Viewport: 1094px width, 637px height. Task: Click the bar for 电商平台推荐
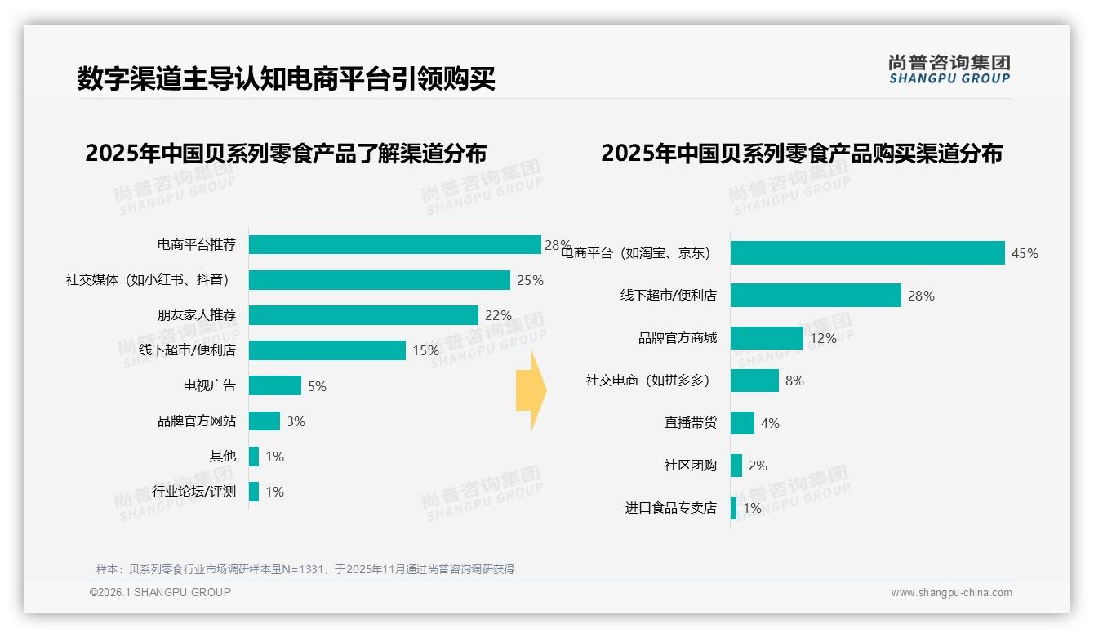pos(394,245)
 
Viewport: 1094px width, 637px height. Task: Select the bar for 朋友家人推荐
pos(363,315)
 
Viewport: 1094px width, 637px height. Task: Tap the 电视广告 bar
pos(275,385)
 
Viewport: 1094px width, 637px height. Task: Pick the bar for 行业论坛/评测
pos(254,492)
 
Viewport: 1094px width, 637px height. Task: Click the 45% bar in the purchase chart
pos(867,253)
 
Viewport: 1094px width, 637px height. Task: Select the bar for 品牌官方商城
pos(767,338)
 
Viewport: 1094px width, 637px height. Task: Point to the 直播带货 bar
pos(742,423)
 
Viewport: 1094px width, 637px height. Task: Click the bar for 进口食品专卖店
pos(733,508)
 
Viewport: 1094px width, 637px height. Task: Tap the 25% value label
pos(530,280)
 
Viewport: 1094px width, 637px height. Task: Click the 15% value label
pos(425,350)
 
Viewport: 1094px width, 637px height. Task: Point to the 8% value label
pos(794,381)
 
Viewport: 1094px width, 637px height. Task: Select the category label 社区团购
pos(690,465)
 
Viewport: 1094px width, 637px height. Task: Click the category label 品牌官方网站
pos(197,421)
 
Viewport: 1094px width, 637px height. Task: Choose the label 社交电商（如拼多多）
pos(648,381)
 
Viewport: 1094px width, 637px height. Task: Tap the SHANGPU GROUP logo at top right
pos(949,69)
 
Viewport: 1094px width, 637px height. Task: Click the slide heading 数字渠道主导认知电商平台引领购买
pos(287,79)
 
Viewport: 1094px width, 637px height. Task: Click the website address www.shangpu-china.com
pos(951,593)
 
